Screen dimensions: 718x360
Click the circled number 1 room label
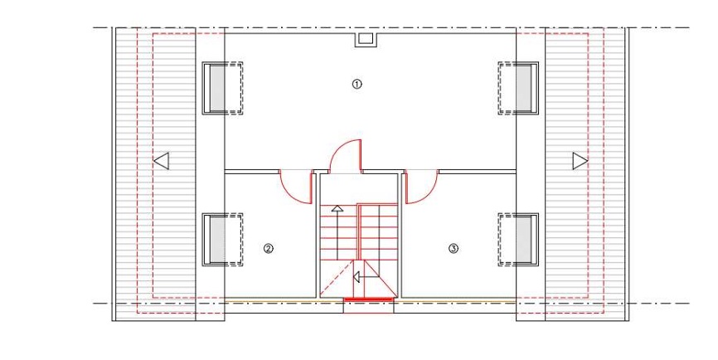(x=357, y=84)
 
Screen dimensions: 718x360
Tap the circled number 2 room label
(x=269, y=249)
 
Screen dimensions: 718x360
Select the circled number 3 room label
(x=453, y=249)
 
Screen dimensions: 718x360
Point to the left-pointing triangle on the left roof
(x=162, y=161)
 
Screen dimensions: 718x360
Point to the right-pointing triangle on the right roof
(x=580, y=161)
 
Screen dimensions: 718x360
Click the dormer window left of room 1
(x=222, y=88)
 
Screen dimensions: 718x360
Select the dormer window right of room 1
(x=518, y=88)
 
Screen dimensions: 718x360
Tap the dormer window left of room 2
(x=222, y=240)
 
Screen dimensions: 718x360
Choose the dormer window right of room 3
(x=518, y=240)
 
